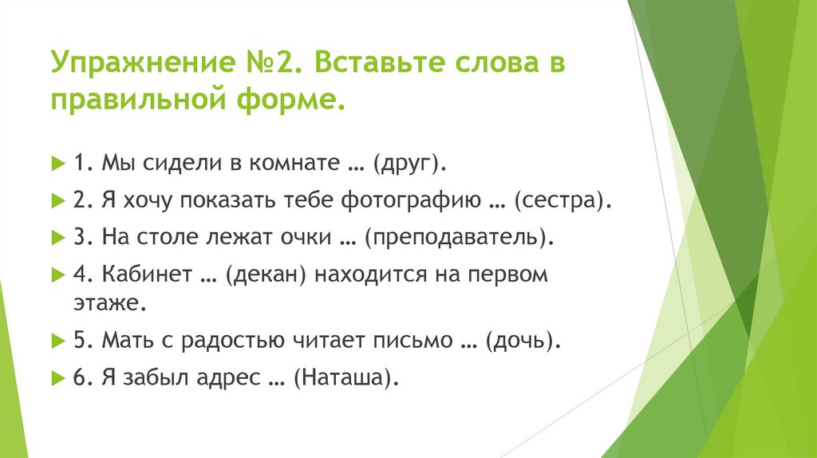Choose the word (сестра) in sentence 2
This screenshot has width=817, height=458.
tap(562, 200)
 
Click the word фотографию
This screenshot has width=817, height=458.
tap(411, 200)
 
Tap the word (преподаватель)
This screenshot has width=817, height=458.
tap(459, 238)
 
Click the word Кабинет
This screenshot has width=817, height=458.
tap(147, 274)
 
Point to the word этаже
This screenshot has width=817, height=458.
tap(110, 303)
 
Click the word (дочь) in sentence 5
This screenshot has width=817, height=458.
tap(523, 341)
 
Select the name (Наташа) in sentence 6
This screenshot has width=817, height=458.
tap(346, 377)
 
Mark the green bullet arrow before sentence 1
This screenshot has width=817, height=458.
tap(57, 164)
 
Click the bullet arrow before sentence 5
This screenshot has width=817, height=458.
tap(57, 342)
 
